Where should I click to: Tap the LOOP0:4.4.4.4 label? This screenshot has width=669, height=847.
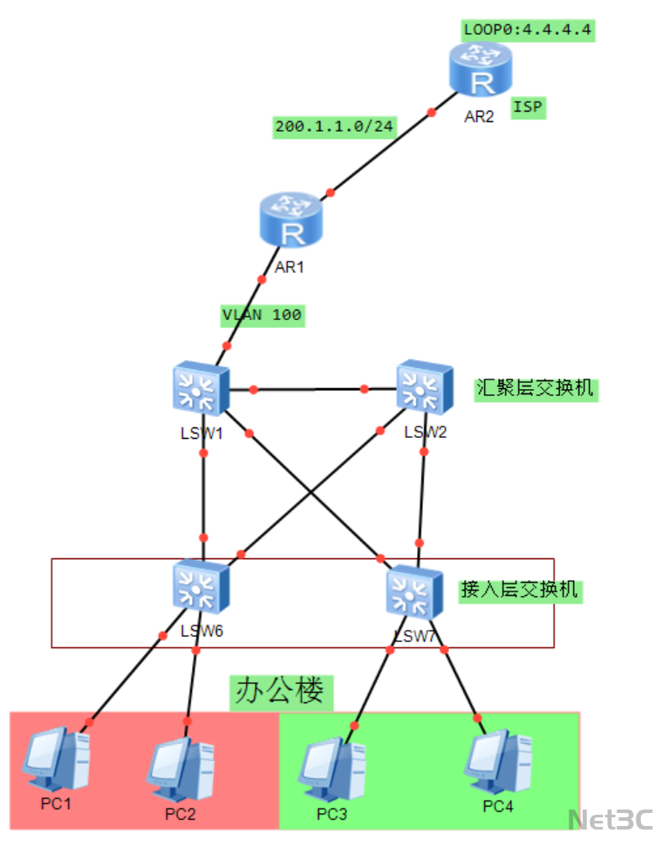point(528,30)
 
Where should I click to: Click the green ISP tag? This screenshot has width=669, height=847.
point(528,107)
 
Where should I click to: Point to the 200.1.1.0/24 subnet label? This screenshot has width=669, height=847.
point(334,126)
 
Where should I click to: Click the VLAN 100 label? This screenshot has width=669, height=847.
point(263,315)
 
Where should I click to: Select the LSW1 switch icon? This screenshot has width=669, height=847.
point(201,388)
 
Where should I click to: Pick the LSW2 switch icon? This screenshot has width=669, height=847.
point(425,386)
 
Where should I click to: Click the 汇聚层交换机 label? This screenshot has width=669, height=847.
point(536,387)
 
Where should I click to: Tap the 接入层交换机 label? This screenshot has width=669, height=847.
point(519,590)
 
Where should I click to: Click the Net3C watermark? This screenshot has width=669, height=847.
point(611,820)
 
